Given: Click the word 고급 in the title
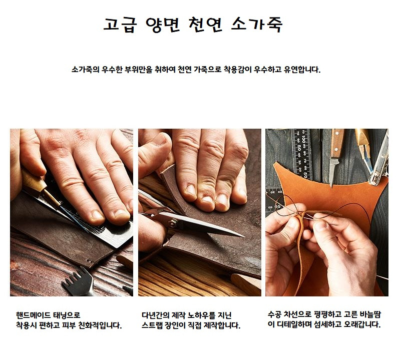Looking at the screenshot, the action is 120,25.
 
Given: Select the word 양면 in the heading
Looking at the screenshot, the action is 163,25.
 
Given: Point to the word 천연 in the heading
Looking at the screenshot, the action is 205,25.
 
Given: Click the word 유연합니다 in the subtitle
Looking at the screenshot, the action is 302,70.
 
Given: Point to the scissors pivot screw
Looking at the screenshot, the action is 172,222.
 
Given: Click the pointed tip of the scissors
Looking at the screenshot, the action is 244,236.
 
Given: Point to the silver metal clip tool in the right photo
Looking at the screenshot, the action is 379,161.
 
